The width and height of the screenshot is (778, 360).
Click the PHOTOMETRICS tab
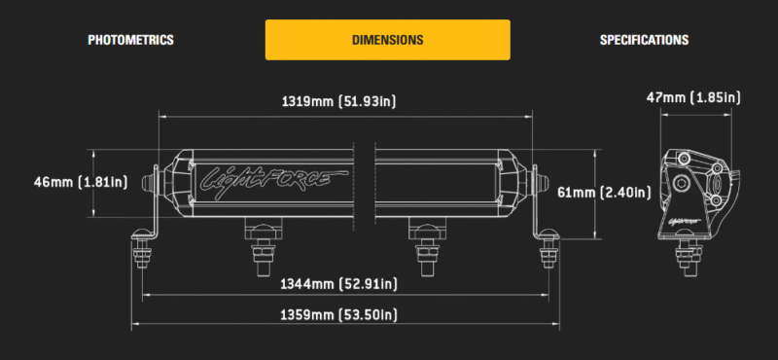[x=130, y=40]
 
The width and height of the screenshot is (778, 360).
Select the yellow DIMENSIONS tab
[x=387, y=40]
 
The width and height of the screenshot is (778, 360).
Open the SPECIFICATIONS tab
[x=644, y=40]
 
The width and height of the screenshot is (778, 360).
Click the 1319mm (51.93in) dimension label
[x=338, y=102]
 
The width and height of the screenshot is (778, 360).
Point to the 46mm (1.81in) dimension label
[x=81, y=182]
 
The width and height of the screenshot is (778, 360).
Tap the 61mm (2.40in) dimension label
[x=604, y=193]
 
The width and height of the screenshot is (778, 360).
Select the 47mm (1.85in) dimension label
[x=693, y=98]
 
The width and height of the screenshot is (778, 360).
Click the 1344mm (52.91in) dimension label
[x=338, y=284]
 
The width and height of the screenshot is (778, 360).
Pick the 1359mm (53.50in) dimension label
[x=338, y=315]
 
